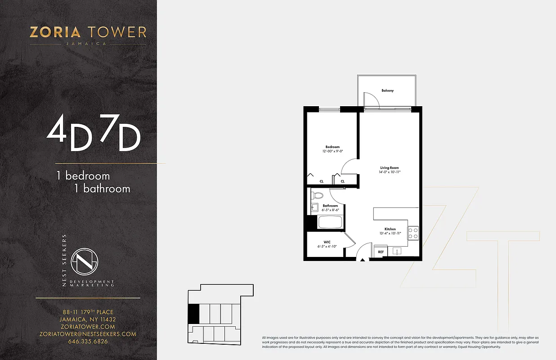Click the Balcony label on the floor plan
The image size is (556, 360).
(x=387, y=90)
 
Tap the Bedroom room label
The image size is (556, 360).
(x=332, y=147)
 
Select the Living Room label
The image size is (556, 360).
(x=389, y=168)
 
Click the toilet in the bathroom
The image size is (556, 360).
(x=318, y=195)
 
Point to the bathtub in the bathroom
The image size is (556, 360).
(x=331, y=222)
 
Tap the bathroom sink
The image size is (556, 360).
(x=314, y=207)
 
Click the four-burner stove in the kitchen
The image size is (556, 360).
(x=413, y=233)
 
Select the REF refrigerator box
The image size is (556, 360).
(x=381, y=252)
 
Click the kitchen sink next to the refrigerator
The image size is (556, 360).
(x=396, y=251)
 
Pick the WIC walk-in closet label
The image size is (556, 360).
(x=327, y=242)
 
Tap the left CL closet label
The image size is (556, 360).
(x=321, y=181)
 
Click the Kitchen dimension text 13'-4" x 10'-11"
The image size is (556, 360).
(x=390, y=233)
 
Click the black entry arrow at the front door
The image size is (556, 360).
(x=363, y=260)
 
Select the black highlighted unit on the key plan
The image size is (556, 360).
(x=193, y=313)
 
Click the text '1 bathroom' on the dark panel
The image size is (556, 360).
(x=102, y=189)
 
